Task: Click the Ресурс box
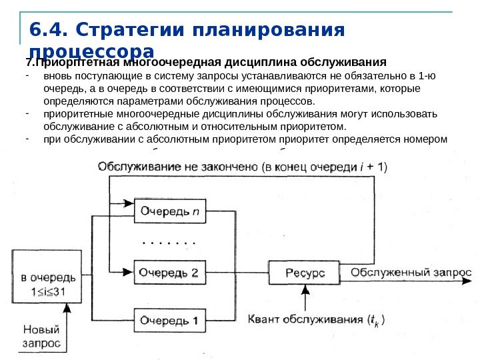(305, 273)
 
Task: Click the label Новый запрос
(41, 337)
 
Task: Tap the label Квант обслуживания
(307, 320)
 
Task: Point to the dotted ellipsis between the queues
(171, 243)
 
